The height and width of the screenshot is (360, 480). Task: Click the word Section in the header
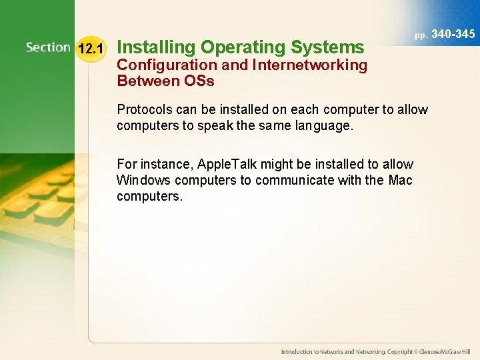[48, 47]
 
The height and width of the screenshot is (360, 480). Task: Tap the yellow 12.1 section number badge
[91, 49]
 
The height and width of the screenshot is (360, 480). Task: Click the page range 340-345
[454, 33]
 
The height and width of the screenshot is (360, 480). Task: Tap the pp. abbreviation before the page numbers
[421, 35]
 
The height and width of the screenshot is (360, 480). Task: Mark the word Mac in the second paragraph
[400, 180]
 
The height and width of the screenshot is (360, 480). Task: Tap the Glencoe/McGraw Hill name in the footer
[443, 351]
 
